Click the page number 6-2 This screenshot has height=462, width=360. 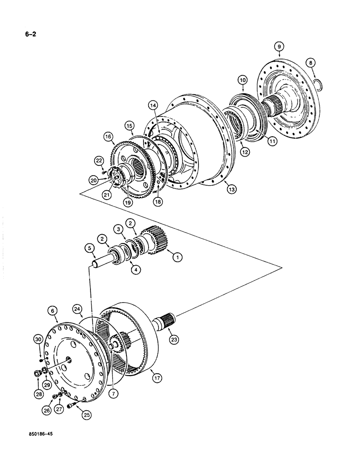(x=25, y=33)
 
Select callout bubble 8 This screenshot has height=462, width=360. (x=311, y=62)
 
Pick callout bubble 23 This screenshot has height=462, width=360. (x=174, y=340)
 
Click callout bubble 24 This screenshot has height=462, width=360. (x=77, y=308)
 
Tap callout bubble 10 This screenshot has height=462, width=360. (x=243, y=80)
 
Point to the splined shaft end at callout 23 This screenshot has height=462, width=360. (x=169, y=319)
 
